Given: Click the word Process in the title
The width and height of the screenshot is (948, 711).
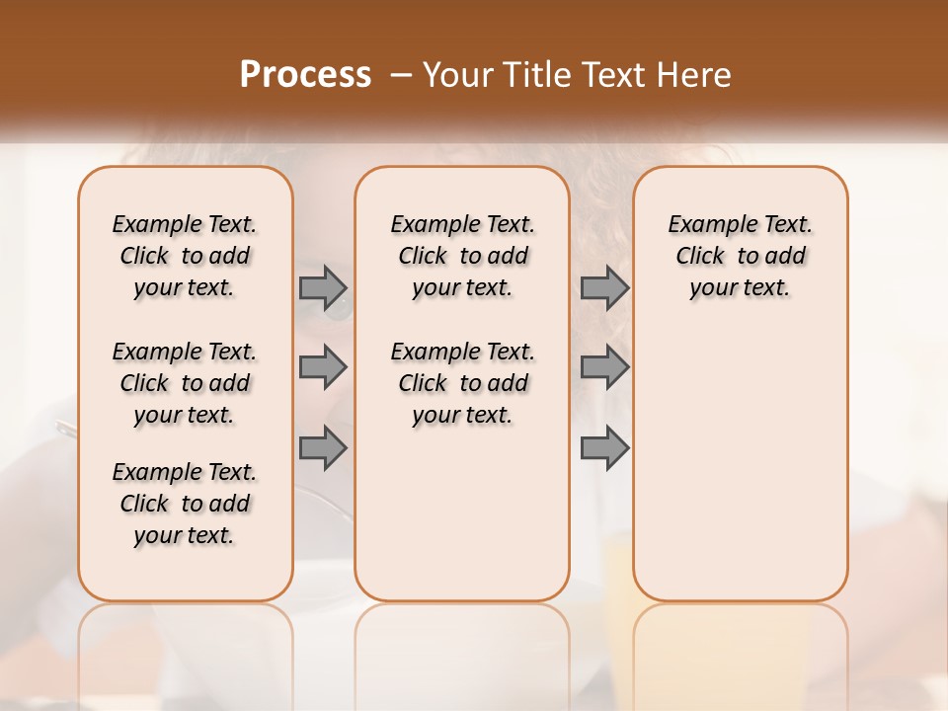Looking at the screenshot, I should click(x=305, y=75).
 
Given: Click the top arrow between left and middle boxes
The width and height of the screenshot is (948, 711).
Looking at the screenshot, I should click(x=323, y=288).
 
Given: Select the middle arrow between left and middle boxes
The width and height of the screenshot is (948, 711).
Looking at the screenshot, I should click(x=323, y=367).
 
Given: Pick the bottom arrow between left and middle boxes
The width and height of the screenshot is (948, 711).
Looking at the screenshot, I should click(x=323, y=447).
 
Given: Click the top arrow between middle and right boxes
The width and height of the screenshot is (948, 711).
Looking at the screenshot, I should click(x=604, y=288).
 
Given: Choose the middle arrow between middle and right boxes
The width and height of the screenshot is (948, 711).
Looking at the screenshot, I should click(x=604, y=367).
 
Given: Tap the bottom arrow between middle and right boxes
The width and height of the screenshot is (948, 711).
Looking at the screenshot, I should click(x=604, y=447).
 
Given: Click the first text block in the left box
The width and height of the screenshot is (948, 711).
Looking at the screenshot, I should click(x=185, y=256).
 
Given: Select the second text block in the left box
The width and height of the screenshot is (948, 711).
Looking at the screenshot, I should click(x=185, y=383).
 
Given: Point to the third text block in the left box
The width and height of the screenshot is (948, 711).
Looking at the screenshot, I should click(x=185, y=504).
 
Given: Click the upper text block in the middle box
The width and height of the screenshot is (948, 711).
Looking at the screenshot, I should click(x=462, y=256).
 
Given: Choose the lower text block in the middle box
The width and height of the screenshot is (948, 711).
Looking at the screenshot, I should click(x=462, y=383).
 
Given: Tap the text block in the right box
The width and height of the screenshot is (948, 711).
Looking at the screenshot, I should click(x=740, y=256).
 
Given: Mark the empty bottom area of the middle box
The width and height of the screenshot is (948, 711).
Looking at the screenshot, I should click(x=462, y=523).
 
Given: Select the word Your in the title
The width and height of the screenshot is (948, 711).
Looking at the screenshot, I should click(x=455, y=75).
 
